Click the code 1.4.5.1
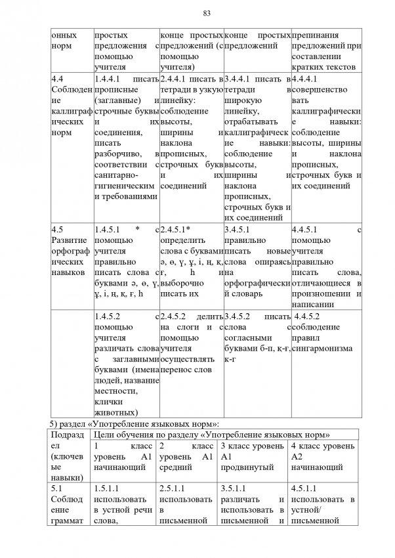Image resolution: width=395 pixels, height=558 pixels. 110,230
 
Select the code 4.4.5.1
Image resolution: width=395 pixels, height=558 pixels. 306,230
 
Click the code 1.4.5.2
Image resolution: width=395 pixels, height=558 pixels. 110,316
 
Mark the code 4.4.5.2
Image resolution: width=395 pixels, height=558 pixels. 308,316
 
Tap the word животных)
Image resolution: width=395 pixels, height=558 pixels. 116,412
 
